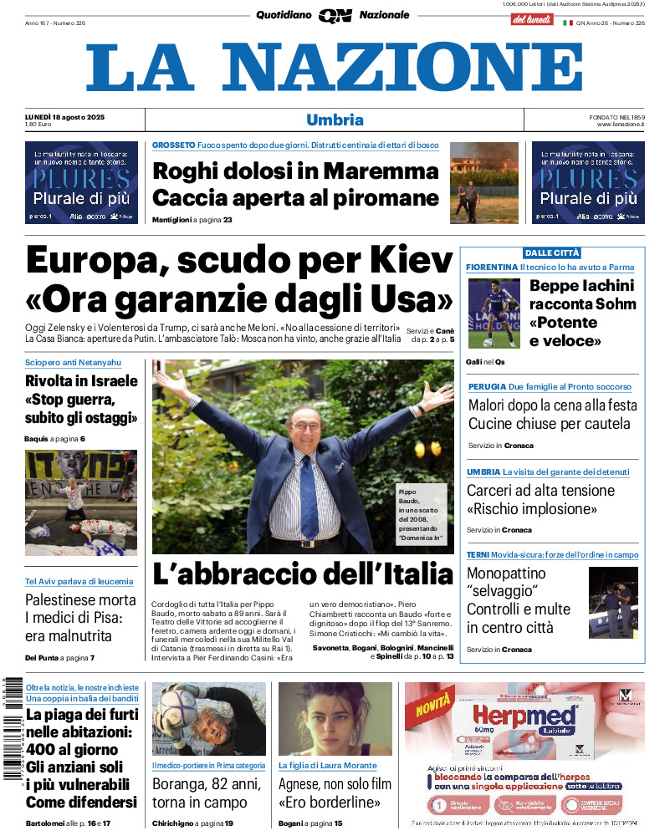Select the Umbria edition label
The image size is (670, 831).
tap(335, 120)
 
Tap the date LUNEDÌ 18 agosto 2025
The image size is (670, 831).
tap(70, 116)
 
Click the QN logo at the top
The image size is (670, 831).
tap(335, 15)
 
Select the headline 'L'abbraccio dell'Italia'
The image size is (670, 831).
tap(302, 574)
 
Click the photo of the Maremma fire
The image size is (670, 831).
tap(484, 182)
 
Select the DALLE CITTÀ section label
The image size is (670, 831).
tap(552, 252)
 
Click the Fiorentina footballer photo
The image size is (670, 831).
tap(494, 313)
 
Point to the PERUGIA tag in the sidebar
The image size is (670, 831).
tap(486, 387)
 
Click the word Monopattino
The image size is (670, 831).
tap(506, 574)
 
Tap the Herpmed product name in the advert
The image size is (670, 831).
tap(524, 716)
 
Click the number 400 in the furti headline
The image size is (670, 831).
tap(49, 750)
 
